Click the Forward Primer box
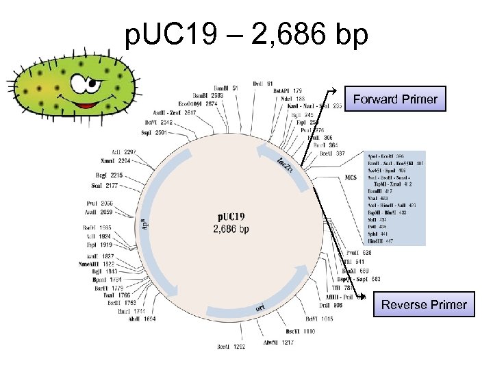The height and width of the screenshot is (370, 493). (395, 99)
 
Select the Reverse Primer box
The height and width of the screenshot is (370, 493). (424, 305)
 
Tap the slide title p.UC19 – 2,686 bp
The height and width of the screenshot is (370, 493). (246, 34)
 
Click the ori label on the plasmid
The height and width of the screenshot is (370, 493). (260, 308)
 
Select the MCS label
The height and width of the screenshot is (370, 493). (351, 177)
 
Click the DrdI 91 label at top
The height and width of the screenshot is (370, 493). (262, 84)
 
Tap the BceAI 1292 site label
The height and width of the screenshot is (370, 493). (231, 347)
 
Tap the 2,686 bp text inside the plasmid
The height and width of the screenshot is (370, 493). (231, 229)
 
